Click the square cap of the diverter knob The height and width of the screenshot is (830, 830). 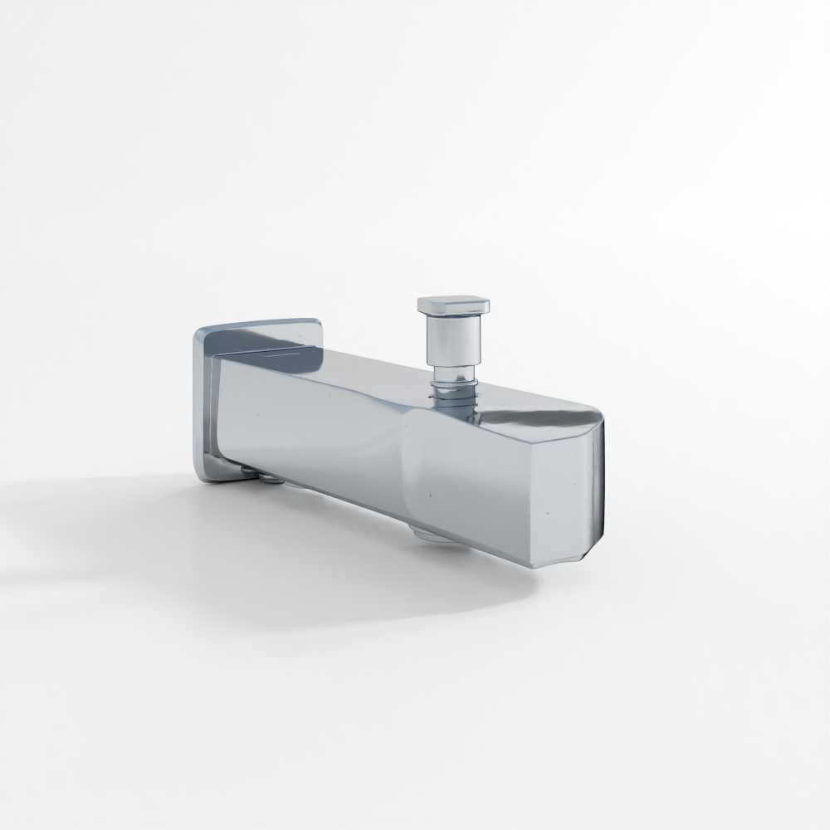(x=452, y=305)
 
